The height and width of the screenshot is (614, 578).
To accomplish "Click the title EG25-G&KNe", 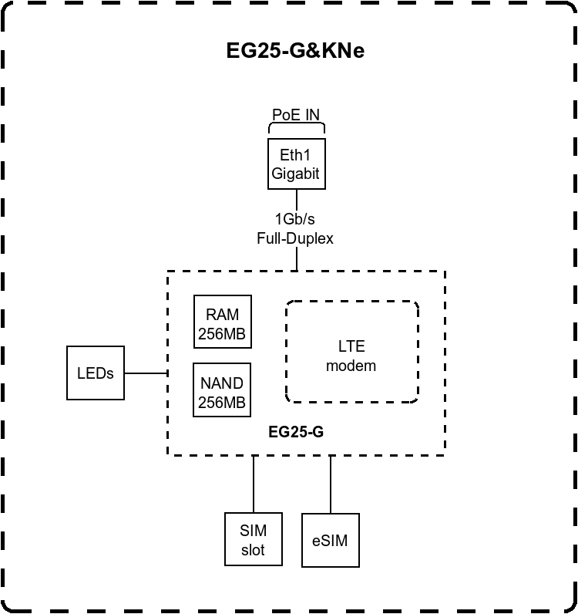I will pos(295,51).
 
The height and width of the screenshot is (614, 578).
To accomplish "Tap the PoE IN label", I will pos(296,115).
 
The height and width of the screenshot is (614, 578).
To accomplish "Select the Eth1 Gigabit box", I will pos(294,164).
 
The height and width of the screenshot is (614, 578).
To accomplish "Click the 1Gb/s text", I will pos(295,220).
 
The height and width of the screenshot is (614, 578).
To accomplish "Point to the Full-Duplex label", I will pos(295,238).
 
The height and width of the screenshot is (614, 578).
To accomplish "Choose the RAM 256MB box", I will pos(222,324).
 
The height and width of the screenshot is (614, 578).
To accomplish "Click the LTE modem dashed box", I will pos(351,352).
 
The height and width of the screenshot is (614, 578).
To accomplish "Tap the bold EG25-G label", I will pos(296,433).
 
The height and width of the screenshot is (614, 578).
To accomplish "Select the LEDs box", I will pos(96,373).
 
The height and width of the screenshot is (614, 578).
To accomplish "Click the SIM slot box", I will pos(253,540).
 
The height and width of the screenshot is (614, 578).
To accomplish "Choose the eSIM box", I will pos(330,540).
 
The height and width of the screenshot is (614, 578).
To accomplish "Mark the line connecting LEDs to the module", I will pos(146,373).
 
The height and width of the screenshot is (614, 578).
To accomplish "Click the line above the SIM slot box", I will pos(253,484).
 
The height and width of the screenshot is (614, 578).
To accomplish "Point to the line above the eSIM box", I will pos(331,484).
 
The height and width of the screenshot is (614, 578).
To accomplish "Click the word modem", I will pos(351,366).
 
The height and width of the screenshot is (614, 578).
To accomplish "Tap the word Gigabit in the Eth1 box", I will pos(294,174).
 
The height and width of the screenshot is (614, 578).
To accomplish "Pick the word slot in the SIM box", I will pos(253,550).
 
